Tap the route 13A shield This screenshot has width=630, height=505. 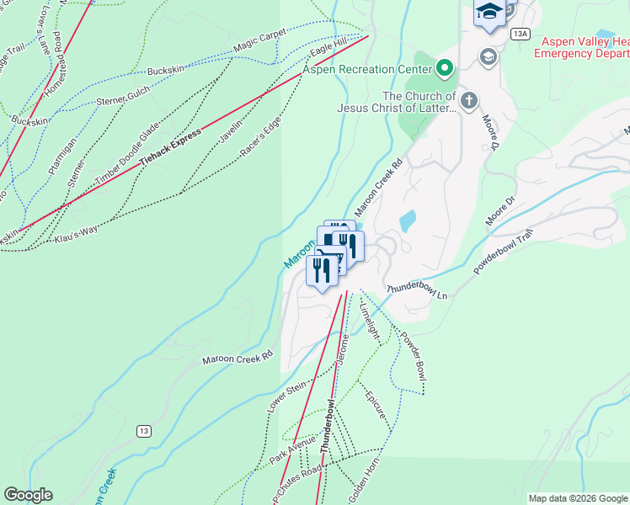(x=520, y=33)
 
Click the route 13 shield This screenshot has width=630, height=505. (x=144, y=431)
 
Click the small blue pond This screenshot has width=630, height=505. (x=408, y=221)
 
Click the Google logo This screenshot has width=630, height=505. (x=28, y=495)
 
